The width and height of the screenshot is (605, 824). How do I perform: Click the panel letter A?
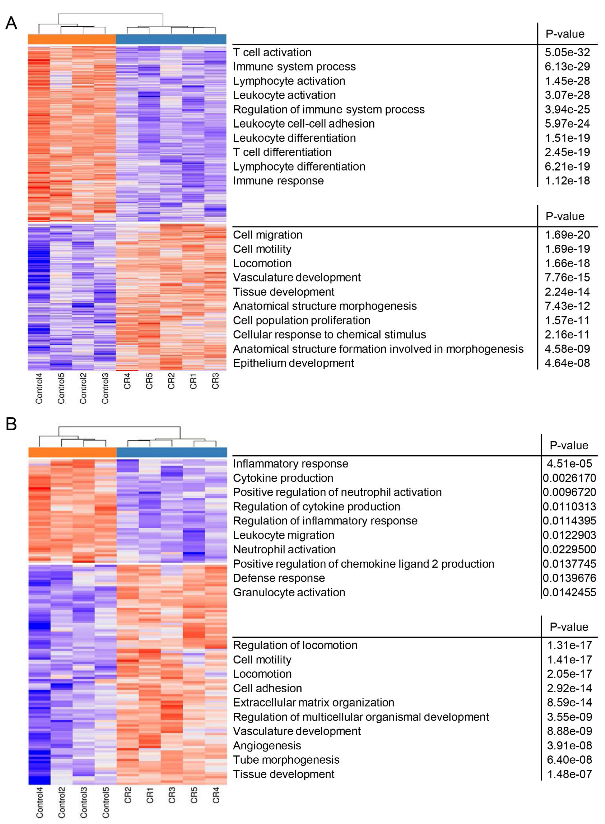point(11,24)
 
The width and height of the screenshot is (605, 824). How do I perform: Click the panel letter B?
point(11,425)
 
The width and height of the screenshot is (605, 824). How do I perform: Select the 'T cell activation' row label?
point(272,52)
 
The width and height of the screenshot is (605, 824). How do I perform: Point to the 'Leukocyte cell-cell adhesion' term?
point(304,124)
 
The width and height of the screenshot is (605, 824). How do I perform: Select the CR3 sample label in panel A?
point(215,381)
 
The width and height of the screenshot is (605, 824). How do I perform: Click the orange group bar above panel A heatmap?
point(72,39)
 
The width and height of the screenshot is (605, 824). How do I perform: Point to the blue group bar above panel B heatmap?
point(171,452)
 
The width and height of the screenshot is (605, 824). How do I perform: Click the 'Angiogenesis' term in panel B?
point(267,746)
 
